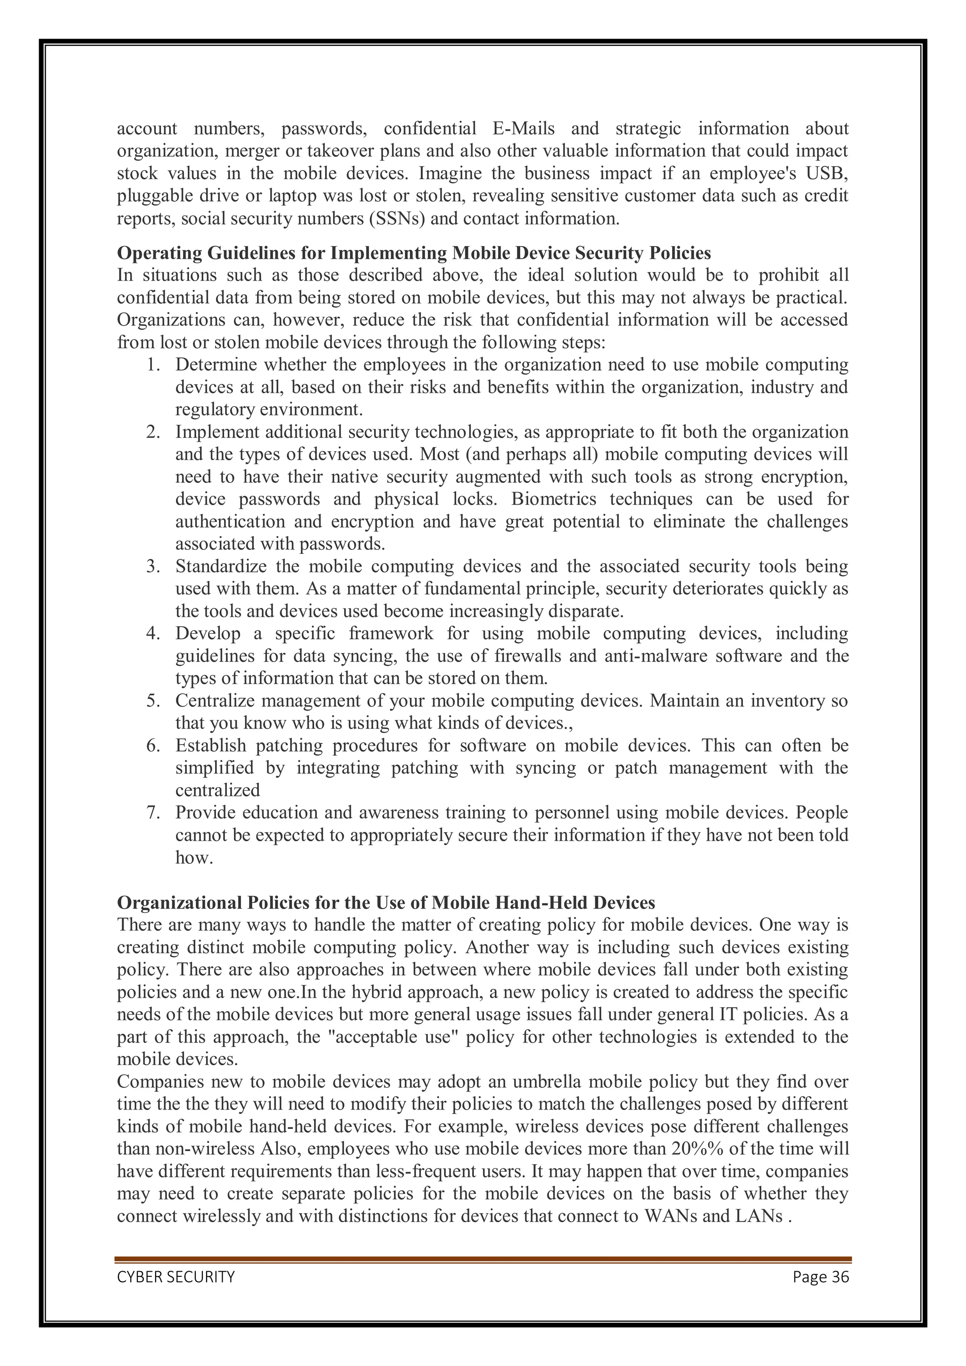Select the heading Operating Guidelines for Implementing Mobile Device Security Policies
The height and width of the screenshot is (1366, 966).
[414, 254]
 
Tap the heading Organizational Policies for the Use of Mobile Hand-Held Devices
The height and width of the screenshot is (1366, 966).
[386, 902]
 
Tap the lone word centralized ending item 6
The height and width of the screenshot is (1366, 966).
[217, 791]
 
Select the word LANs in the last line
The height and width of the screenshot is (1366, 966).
[759, 1216]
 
